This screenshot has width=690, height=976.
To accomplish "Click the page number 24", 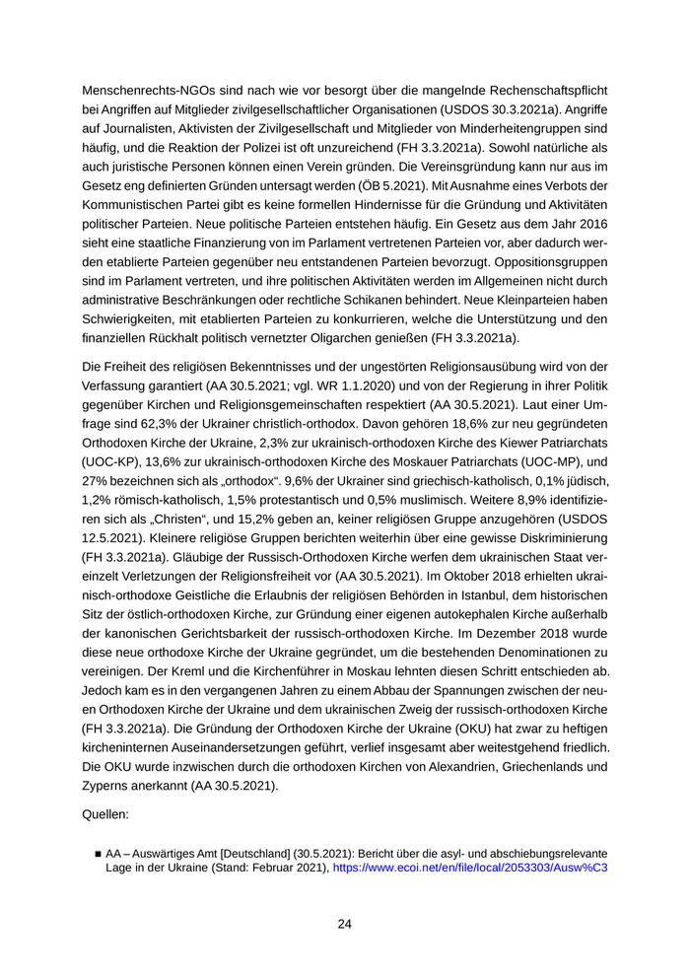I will [345, 925].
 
